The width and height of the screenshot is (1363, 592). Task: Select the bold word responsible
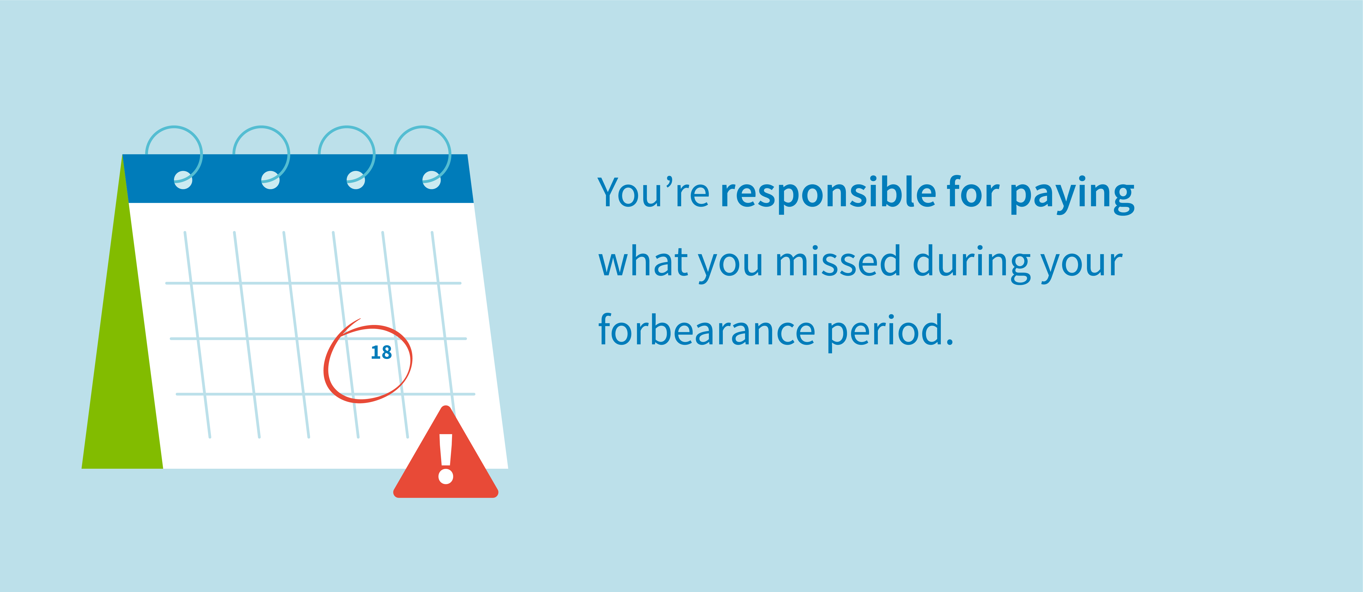click(x=828, y=193)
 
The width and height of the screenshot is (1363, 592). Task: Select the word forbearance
click(x=706, y=330)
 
